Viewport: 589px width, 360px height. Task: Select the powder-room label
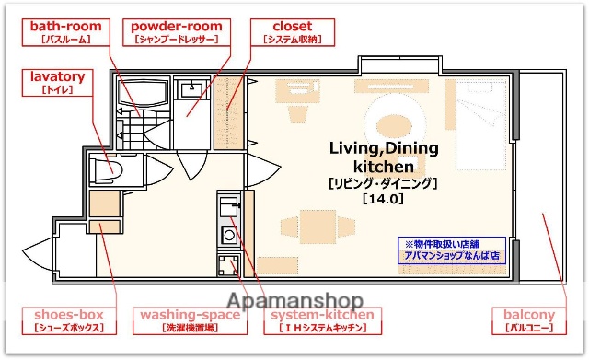point(176,32)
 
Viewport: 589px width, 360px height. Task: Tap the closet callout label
point(291,32)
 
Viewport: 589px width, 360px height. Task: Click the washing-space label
point(190,320)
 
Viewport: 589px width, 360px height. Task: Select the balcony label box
point(529,320)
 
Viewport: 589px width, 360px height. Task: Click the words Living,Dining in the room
point(384,149)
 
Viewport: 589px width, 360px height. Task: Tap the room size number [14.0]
point(383,197)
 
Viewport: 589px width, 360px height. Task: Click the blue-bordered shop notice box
point(451,250)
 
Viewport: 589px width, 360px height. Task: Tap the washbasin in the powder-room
point(194,88)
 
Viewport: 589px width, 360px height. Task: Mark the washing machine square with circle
point(227,266)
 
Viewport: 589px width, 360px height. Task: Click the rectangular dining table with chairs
point(316,226)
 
